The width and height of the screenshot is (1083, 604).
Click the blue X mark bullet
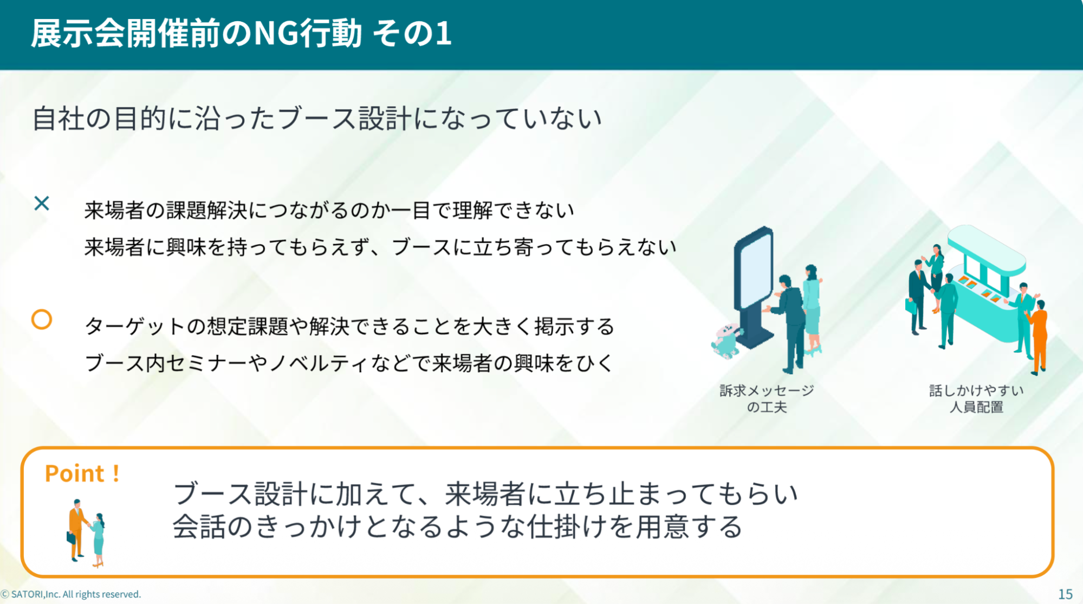pyautogui.click(x=42, y=204)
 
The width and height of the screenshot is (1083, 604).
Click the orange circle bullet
pyautogui.click(x=42, y=320)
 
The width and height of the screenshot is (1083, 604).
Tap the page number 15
pyautogui.click(x=1065, y=594)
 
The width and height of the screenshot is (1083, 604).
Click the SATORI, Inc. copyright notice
pyautogui.click(x=71, y=594)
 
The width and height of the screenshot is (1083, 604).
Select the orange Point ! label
pyautogui.click(x=82, y=473)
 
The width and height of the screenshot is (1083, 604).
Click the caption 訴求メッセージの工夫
pyautogui.click(x=767, y=399)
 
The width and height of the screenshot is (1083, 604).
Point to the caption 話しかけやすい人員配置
pyautogui.click(x=976, y=399)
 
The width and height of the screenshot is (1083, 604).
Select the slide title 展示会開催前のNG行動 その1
pyautogui.click(x=241, y=34)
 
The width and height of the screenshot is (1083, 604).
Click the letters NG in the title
pyautogui.click(x=276, y=34)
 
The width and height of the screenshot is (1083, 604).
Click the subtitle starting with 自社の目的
pyautogui.click(x=317, y=119)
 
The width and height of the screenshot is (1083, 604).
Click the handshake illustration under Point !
pyautogui.click(x=86, y=533)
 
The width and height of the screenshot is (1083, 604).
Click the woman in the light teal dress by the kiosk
pyautogui.click(x=812, y=309)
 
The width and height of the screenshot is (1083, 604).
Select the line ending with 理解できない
pyautogui.click(x=329, y=210)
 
